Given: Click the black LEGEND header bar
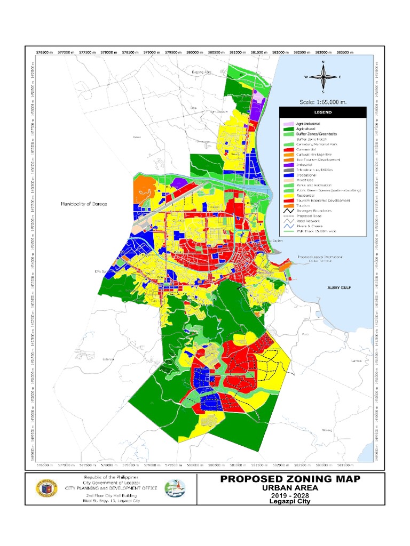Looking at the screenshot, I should (322, 113).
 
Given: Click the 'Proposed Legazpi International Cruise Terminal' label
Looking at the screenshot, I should (319, 259).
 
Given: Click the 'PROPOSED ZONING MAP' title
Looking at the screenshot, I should (290, 479).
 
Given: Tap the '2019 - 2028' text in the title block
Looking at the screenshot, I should (290, 496).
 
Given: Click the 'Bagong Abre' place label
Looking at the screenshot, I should (202, 71).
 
